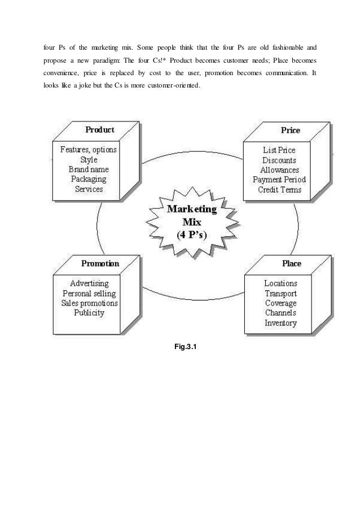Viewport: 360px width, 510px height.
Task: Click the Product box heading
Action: pos(99,129)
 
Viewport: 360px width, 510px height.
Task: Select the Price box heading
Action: pos(291,130)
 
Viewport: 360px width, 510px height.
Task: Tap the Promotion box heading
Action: pos(100,263)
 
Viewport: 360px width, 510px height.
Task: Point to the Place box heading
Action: pos(291,263)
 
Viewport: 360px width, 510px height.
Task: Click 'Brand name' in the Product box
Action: pos(89,169)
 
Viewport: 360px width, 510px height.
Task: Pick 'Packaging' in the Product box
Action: pos(89,179)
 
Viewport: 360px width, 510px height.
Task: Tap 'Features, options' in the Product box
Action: pos(89,150)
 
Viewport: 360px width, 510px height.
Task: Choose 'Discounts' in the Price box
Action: pos(279,160)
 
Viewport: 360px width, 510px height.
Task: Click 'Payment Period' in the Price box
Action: pos(279,180)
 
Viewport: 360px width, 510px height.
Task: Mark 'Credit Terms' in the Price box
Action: pos(279,190)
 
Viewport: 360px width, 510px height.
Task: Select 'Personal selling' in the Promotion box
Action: pos(89,293)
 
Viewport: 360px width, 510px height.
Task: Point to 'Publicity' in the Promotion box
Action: pos(89,313)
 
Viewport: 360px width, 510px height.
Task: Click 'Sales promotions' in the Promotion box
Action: pos(89,303)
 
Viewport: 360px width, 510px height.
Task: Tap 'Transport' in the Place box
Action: pos(280,294)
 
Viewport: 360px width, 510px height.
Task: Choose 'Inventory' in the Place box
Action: pos(280,324)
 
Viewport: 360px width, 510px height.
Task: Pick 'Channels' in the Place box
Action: pos(280,313)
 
